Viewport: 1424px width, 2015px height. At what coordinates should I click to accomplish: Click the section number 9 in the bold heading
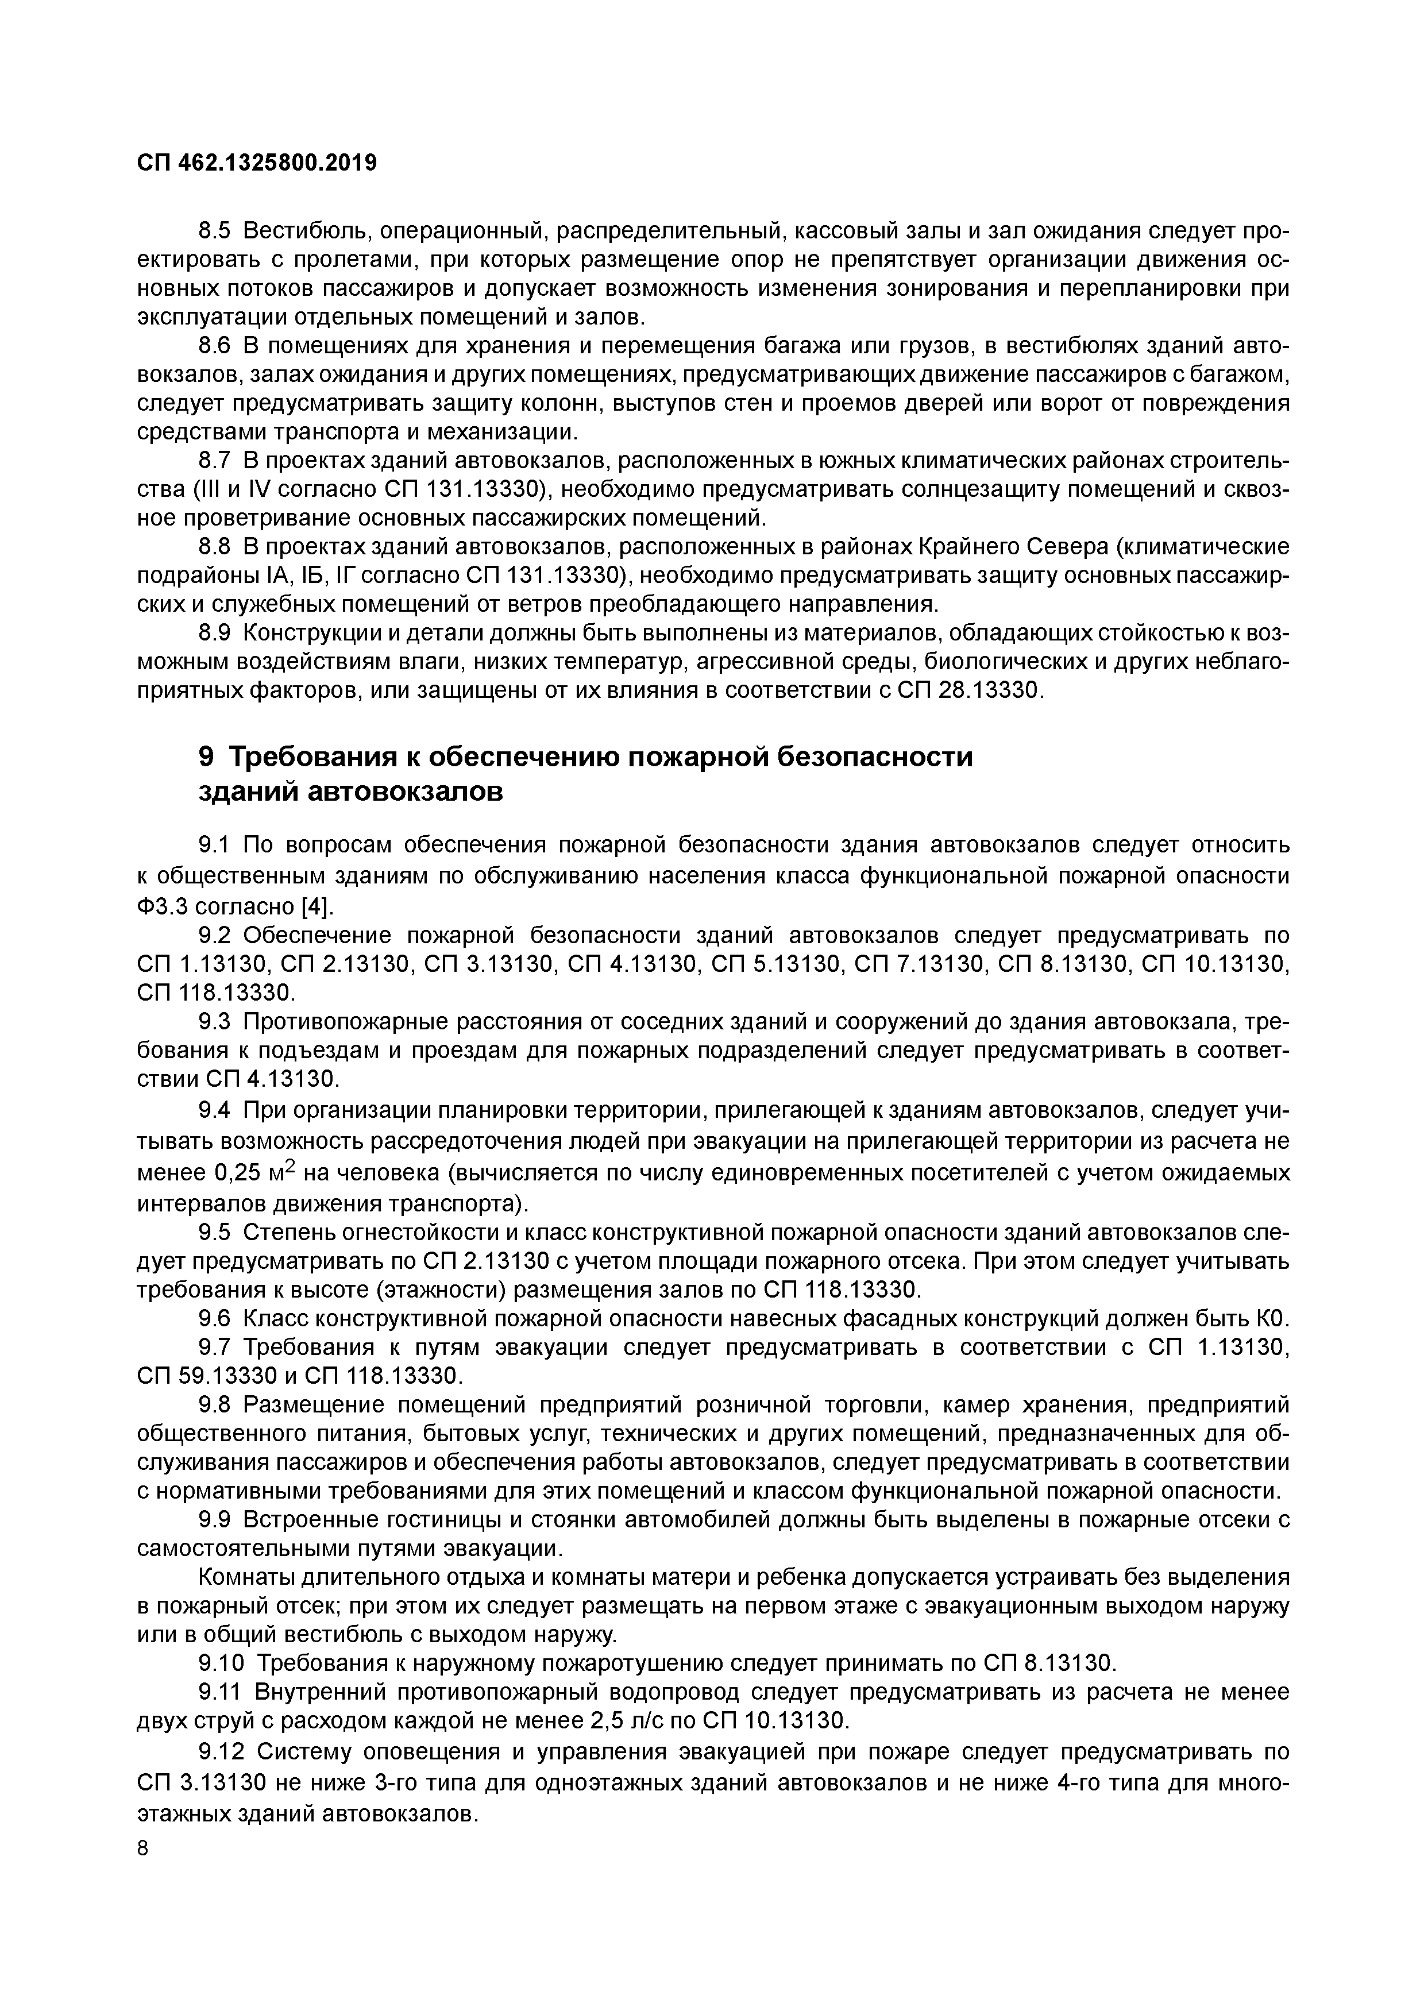[207, 756]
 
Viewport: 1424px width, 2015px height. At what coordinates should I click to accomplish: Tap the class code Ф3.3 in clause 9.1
[158, 905]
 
